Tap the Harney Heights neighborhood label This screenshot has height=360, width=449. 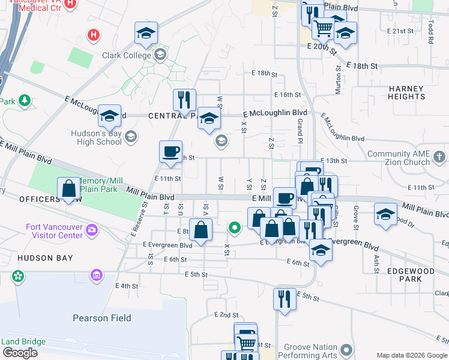[406, 92]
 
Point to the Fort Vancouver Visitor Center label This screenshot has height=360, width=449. [54, 231]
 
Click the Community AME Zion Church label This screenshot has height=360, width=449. [399, 158]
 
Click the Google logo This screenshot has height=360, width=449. [19, 352]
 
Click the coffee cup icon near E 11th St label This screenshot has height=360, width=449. [170, 151]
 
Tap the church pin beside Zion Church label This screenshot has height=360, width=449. [439, 158]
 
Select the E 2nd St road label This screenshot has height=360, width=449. [226, 314]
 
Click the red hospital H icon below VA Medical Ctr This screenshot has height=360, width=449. [93, 35]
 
